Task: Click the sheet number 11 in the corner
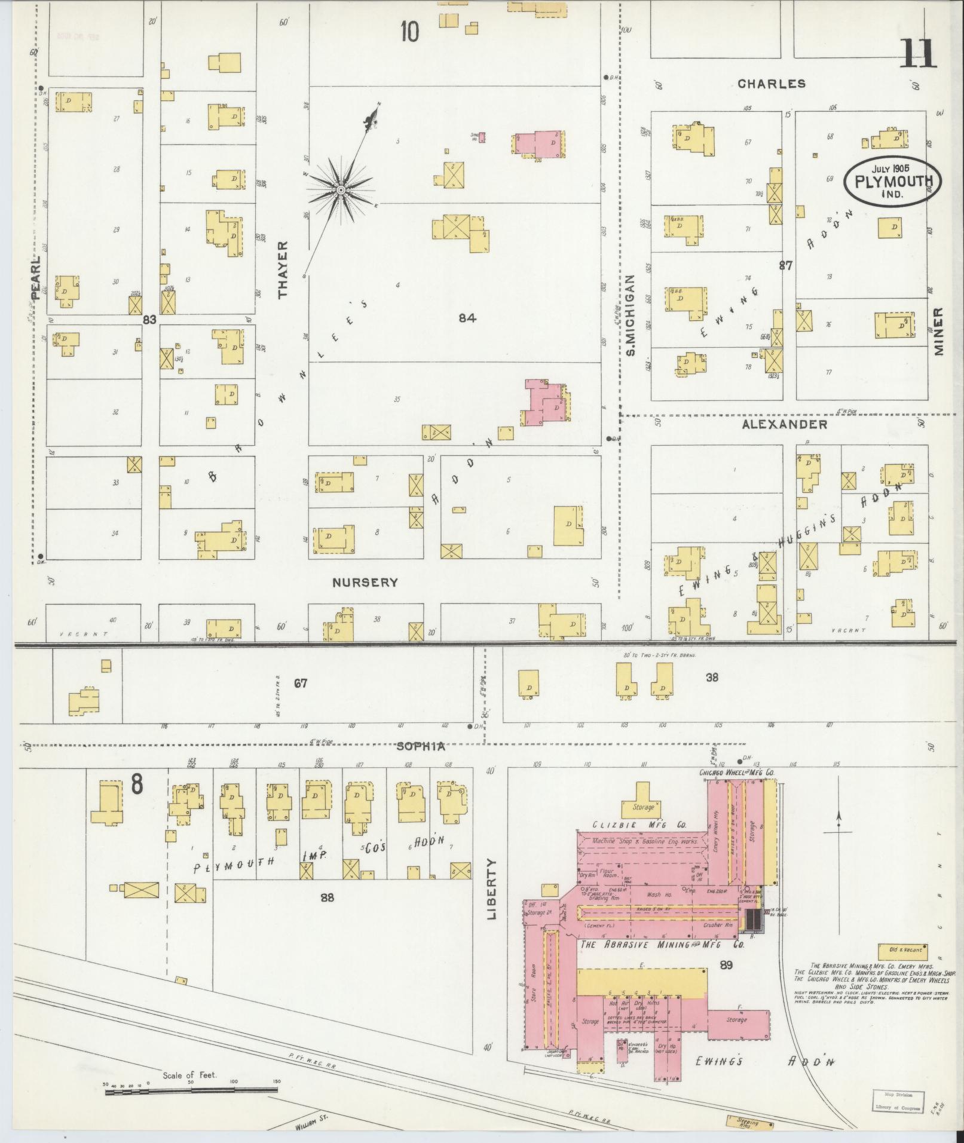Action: coord(917,54)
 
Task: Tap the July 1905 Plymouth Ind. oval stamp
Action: coord(892,182)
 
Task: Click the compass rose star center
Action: coord(341,190)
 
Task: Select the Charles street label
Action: coord(771,84)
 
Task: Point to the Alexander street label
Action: coord(784,424)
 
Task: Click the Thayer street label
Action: coord(283,269)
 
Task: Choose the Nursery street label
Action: coord(365,582)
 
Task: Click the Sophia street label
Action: coord(421,747)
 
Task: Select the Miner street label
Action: coord(938,332)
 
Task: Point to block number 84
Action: coord(467,318)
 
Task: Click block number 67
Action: coord(300,682)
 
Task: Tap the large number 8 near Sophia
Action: coord(137,785)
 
